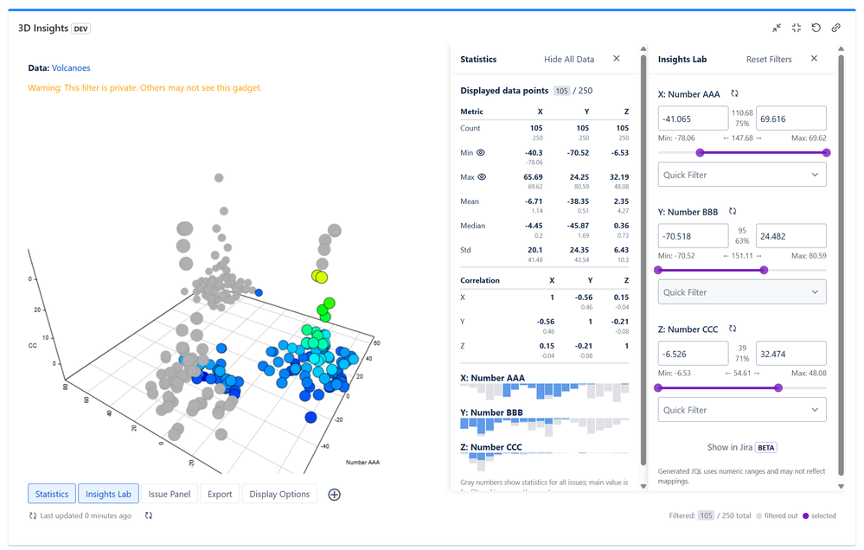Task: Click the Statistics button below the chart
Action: click(x=52, y=494)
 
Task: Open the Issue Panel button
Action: click(x=170, y=494)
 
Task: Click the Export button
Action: click(x=220, y=494)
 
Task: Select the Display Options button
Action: click(x=279, y=494)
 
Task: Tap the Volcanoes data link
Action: click(x=71, y=67)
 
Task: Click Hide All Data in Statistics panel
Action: click(x=569, y=59)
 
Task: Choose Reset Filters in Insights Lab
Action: click(x=769, y=59)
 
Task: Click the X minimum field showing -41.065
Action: click(x=693, y=118)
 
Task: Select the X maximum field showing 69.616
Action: click(x=790, y=118)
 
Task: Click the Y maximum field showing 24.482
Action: click(x=790, y=235)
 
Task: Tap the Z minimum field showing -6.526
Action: click(x=693, y=353)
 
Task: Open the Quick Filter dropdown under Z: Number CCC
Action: click(x=741, y=410)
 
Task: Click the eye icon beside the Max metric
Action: click(x=482, y=176)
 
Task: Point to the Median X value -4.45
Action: click(x=533, y=226)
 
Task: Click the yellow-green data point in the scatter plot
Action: click(x=319, y=276)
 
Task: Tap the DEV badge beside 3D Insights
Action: click(x=81, y=28)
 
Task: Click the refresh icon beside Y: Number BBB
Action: click(x=733, y=211)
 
